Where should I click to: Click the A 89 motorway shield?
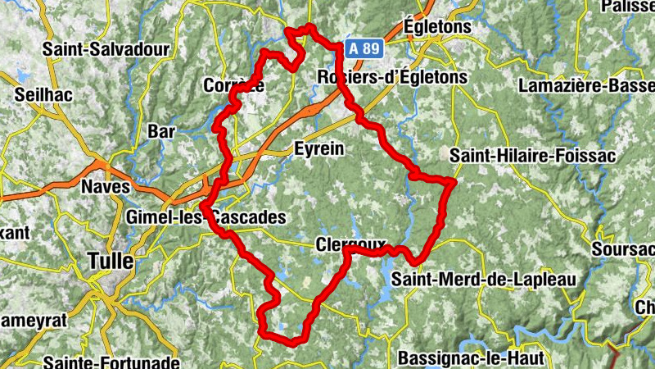pyautogui.click(x=363, y=48)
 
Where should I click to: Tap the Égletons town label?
pyautogui.click(x=438, y=26)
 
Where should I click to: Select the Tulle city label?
pyautogui.click(x=110, y=262)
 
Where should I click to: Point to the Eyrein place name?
pyautogui.click(x=318, y=149)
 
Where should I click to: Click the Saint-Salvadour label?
pyautogui.click(x=106, y=49)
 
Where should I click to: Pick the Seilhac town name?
pyautogui.click(x=43, y=94)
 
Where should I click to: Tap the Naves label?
pyautogui.click(x=106, y=187)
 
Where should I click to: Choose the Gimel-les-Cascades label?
pyautogui.click(x=206, y=217)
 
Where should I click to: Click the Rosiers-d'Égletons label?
pyautogui.click(x=391, y=78)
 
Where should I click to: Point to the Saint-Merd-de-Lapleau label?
pyautogui.click(x=483, y=279)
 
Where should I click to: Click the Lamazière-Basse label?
pyautogui.click(x=586, y=85)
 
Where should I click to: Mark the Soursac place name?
pyautogui.click(x=626, y=246)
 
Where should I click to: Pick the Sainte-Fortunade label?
pyautogui.click(x=111, y=361)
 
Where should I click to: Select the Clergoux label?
pyautogui.click(x=349, y=244)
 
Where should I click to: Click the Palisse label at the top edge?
pyautogui.click(x=629, y=7)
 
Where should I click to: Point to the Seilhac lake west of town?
pyautogui.click(x=20, y=76)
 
